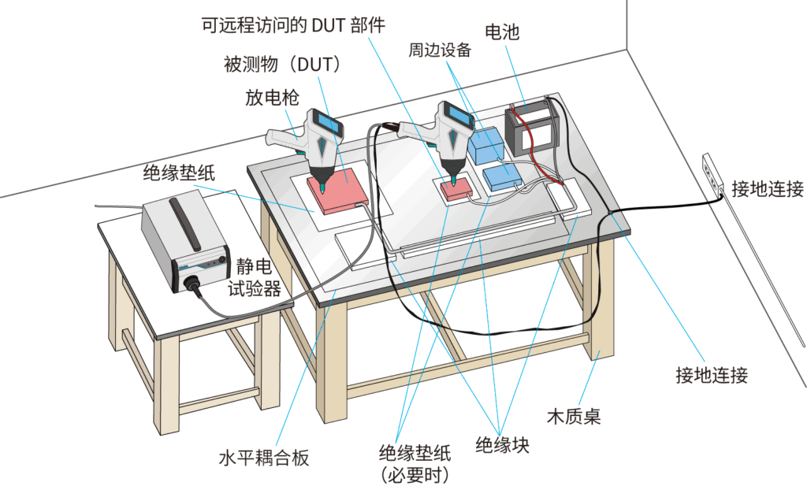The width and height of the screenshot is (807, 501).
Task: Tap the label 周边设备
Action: [439, 50]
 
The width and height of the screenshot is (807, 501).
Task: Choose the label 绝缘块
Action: [502, 445]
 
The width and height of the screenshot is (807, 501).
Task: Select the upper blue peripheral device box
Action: [485, 144]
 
